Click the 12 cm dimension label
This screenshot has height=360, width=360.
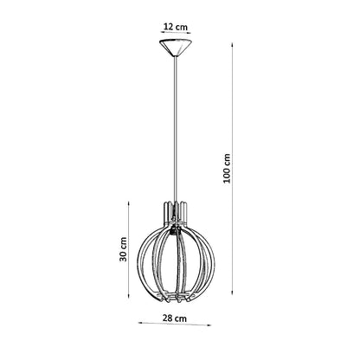(x=176, y=27)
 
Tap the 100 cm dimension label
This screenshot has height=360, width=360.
(x=228, y=168)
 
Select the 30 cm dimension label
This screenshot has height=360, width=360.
(x=123, y=249)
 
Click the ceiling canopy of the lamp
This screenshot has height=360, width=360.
(x=175, y=48)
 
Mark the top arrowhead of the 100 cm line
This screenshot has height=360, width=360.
(x=232, y=44)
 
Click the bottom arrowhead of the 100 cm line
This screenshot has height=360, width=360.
(x=232, y=292)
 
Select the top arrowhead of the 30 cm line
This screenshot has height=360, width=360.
(x=129, y=203)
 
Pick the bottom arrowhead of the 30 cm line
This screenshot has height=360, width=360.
(x=129, y=296)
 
